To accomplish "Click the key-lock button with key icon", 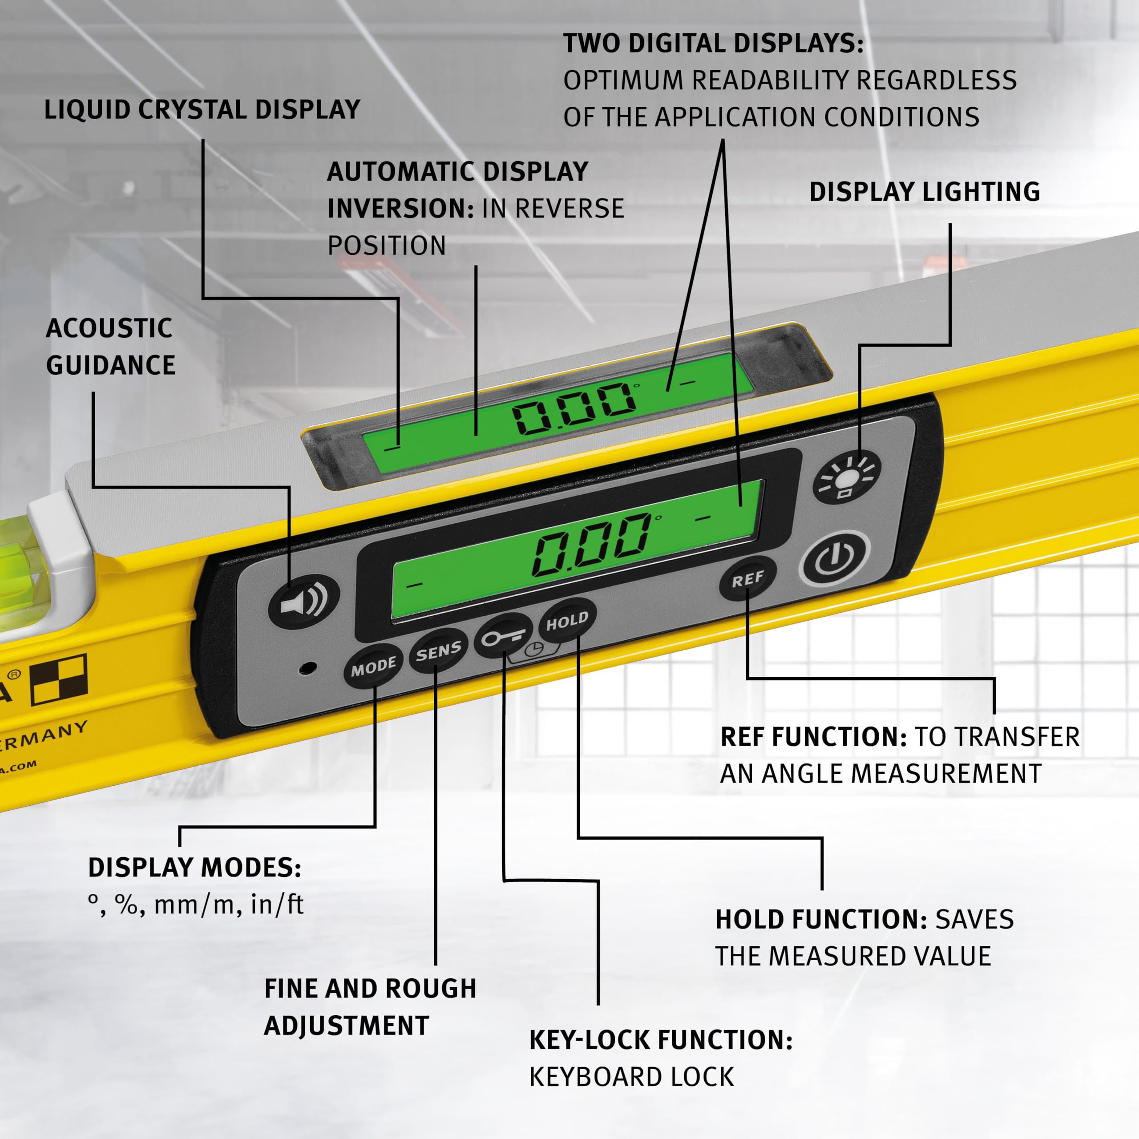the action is point(503,635).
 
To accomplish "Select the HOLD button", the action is point(567,621).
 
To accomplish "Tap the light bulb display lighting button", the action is point(847,476).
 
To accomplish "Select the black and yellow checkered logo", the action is point(59,679).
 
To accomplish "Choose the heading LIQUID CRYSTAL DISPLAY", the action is point(202,109).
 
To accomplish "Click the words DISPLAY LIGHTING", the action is point(925,192).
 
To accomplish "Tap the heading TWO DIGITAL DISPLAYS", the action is point(713,44).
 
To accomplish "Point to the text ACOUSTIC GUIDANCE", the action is point(110,347).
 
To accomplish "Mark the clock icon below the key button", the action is point(534,650).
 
